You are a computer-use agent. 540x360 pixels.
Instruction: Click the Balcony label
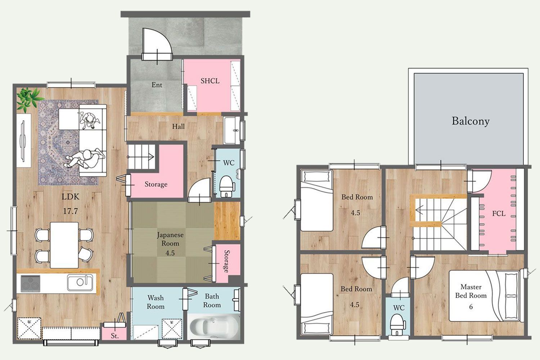[x=471, y=121]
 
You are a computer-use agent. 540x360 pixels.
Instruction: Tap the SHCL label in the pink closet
[x=210, y=81]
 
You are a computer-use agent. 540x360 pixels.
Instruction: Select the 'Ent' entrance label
[x=157, y=85]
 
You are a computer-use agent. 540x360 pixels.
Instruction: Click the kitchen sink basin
[x=80, y=282]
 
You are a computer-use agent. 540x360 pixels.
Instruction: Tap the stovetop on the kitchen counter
[x=30, y=283]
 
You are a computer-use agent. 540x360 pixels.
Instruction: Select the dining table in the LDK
[x=64, y=245]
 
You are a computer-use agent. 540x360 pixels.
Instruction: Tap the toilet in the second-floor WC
[x=397, y=324]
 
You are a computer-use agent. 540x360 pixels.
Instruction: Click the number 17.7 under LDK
[x=71, y=211]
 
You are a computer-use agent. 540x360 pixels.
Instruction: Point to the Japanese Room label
[x=170, y=239]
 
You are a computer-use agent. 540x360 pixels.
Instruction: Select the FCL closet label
[x=499, y=213]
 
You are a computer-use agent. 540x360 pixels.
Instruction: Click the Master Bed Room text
[x=471, y=291]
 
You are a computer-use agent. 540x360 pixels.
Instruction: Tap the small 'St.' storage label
[x=114, y=336]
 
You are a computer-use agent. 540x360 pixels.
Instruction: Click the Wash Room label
[x=156, y=302]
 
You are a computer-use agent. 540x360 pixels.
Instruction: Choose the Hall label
[x=179, y=126]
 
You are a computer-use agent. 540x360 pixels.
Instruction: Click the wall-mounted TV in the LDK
[x=23, y=141]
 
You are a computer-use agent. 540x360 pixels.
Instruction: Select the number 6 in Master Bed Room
[x=471, y=307]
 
